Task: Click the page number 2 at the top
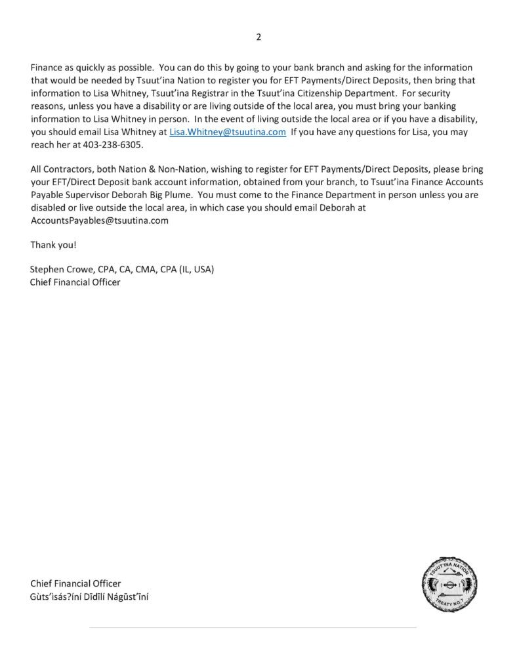(259, 37)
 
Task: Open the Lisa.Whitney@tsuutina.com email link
(228, 131)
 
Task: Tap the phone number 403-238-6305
(115, 144)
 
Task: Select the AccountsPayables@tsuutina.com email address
(99, 220)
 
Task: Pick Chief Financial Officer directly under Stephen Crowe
(75, 282)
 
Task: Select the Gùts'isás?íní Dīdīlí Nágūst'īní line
(89, 596)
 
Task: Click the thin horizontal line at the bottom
(253, 628)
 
